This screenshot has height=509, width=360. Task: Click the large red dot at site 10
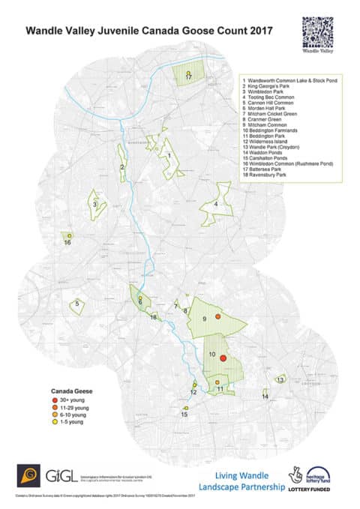(x=223, y=359)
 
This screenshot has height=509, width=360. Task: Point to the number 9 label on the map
(x=204, y=320)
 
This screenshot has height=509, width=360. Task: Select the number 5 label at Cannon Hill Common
(x=76, y=304)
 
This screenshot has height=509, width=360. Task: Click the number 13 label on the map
(x=280, y=380)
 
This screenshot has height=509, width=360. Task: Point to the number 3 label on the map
(x=94, y=203)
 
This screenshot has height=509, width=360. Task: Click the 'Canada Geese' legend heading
(x=70, y=391)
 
